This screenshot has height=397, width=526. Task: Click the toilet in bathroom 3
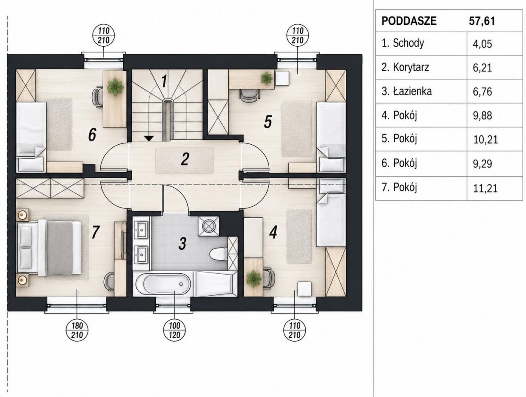(218, 254)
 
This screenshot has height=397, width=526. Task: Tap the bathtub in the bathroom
(163, 284)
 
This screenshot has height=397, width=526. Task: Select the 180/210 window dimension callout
(77, 330)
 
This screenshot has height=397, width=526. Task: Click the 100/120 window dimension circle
(175, 330)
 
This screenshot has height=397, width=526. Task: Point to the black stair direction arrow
(150, 138)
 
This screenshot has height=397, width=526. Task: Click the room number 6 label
(92, 135)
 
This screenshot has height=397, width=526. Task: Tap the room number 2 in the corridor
(185, 159)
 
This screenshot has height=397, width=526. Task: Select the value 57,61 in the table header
(482, 21)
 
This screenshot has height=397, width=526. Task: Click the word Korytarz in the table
(411, 67)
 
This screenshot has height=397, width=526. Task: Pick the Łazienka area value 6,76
(482, 92)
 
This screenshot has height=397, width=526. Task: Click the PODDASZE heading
(409, 21)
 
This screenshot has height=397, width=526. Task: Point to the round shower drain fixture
(208, 226)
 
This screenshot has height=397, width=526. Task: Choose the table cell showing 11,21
(485, 188)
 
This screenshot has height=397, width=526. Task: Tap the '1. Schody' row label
(403, 43)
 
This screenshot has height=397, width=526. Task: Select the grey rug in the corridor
(184, 160)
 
